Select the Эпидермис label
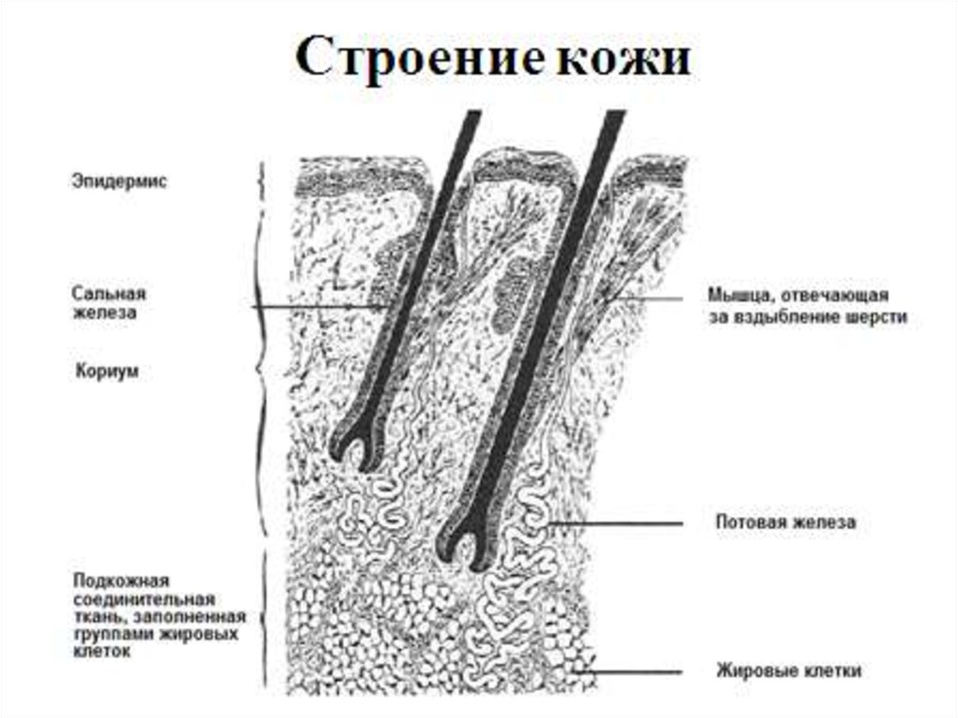120,182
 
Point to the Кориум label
106,373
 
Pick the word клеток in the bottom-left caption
97,652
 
